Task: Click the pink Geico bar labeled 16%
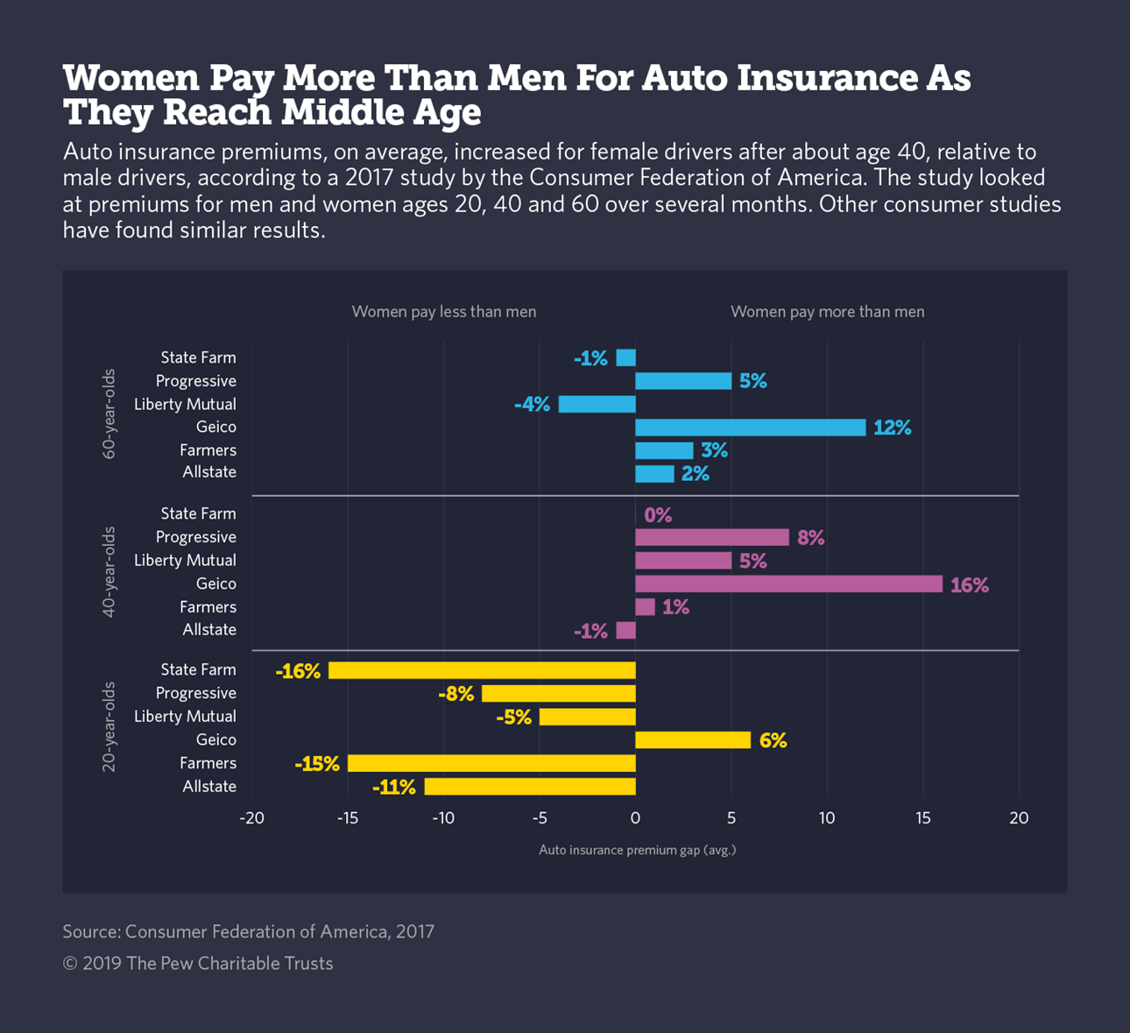(788, 584)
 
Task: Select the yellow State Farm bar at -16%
(482, 670)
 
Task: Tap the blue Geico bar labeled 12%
(750, 428)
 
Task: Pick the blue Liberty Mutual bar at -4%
(597, 404)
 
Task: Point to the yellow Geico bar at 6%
(692, 740)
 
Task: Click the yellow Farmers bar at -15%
(491, 763)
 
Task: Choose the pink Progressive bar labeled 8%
(711, 537)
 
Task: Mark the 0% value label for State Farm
(658, 515)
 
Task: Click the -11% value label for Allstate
(394, 787)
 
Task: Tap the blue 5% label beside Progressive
(752, 381)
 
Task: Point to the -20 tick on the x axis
(251, 818)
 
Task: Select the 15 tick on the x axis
(923, 818)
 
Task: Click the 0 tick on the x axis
(635, 818)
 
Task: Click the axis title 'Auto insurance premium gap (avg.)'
(637, 850)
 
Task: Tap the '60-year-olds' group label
(109, 414)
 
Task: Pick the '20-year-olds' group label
(109, 726)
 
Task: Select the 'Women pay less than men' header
(444, 312)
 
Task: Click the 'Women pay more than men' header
(827, 312)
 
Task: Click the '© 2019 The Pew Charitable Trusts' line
(198, 964)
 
